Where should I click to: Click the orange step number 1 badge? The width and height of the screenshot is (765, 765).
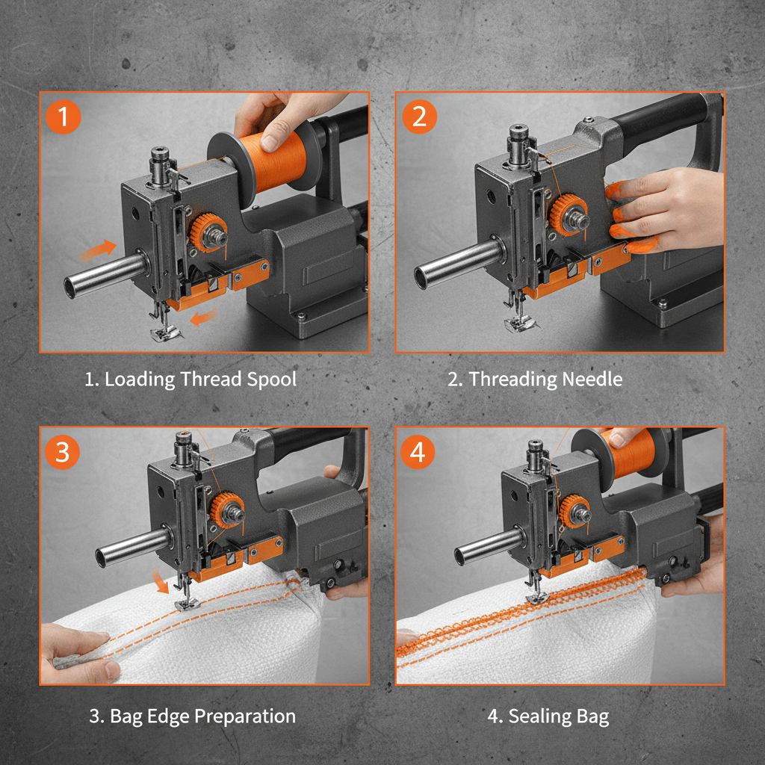pyautogui.click(x=63, y=117)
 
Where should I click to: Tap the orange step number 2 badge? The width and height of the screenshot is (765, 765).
pyautogui.click(x=419, y=117)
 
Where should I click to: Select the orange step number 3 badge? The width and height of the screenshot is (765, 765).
pyautogui.click(x=63, y=452)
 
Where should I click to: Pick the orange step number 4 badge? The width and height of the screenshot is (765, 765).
pyautogui.click(x=419, y=452)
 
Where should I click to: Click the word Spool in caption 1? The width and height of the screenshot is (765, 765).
pyautogui.click(x=270, y=379)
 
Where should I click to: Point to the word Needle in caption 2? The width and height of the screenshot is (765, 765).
pyautogui.click(x=593, y=379)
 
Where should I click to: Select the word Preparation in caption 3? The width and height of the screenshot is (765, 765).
pyautogui.click(x=245, y=716)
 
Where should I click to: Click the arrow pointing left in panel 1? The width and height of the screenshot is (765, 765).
pyautogui.click(x=200, y=318)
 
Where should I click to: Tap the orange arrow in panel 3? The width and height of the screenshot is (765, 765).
pyautogui.click(x=158, y=581)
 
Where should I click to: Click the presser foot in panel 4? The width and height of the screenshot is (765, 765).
pyautogui.click(x=536, y=595)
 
